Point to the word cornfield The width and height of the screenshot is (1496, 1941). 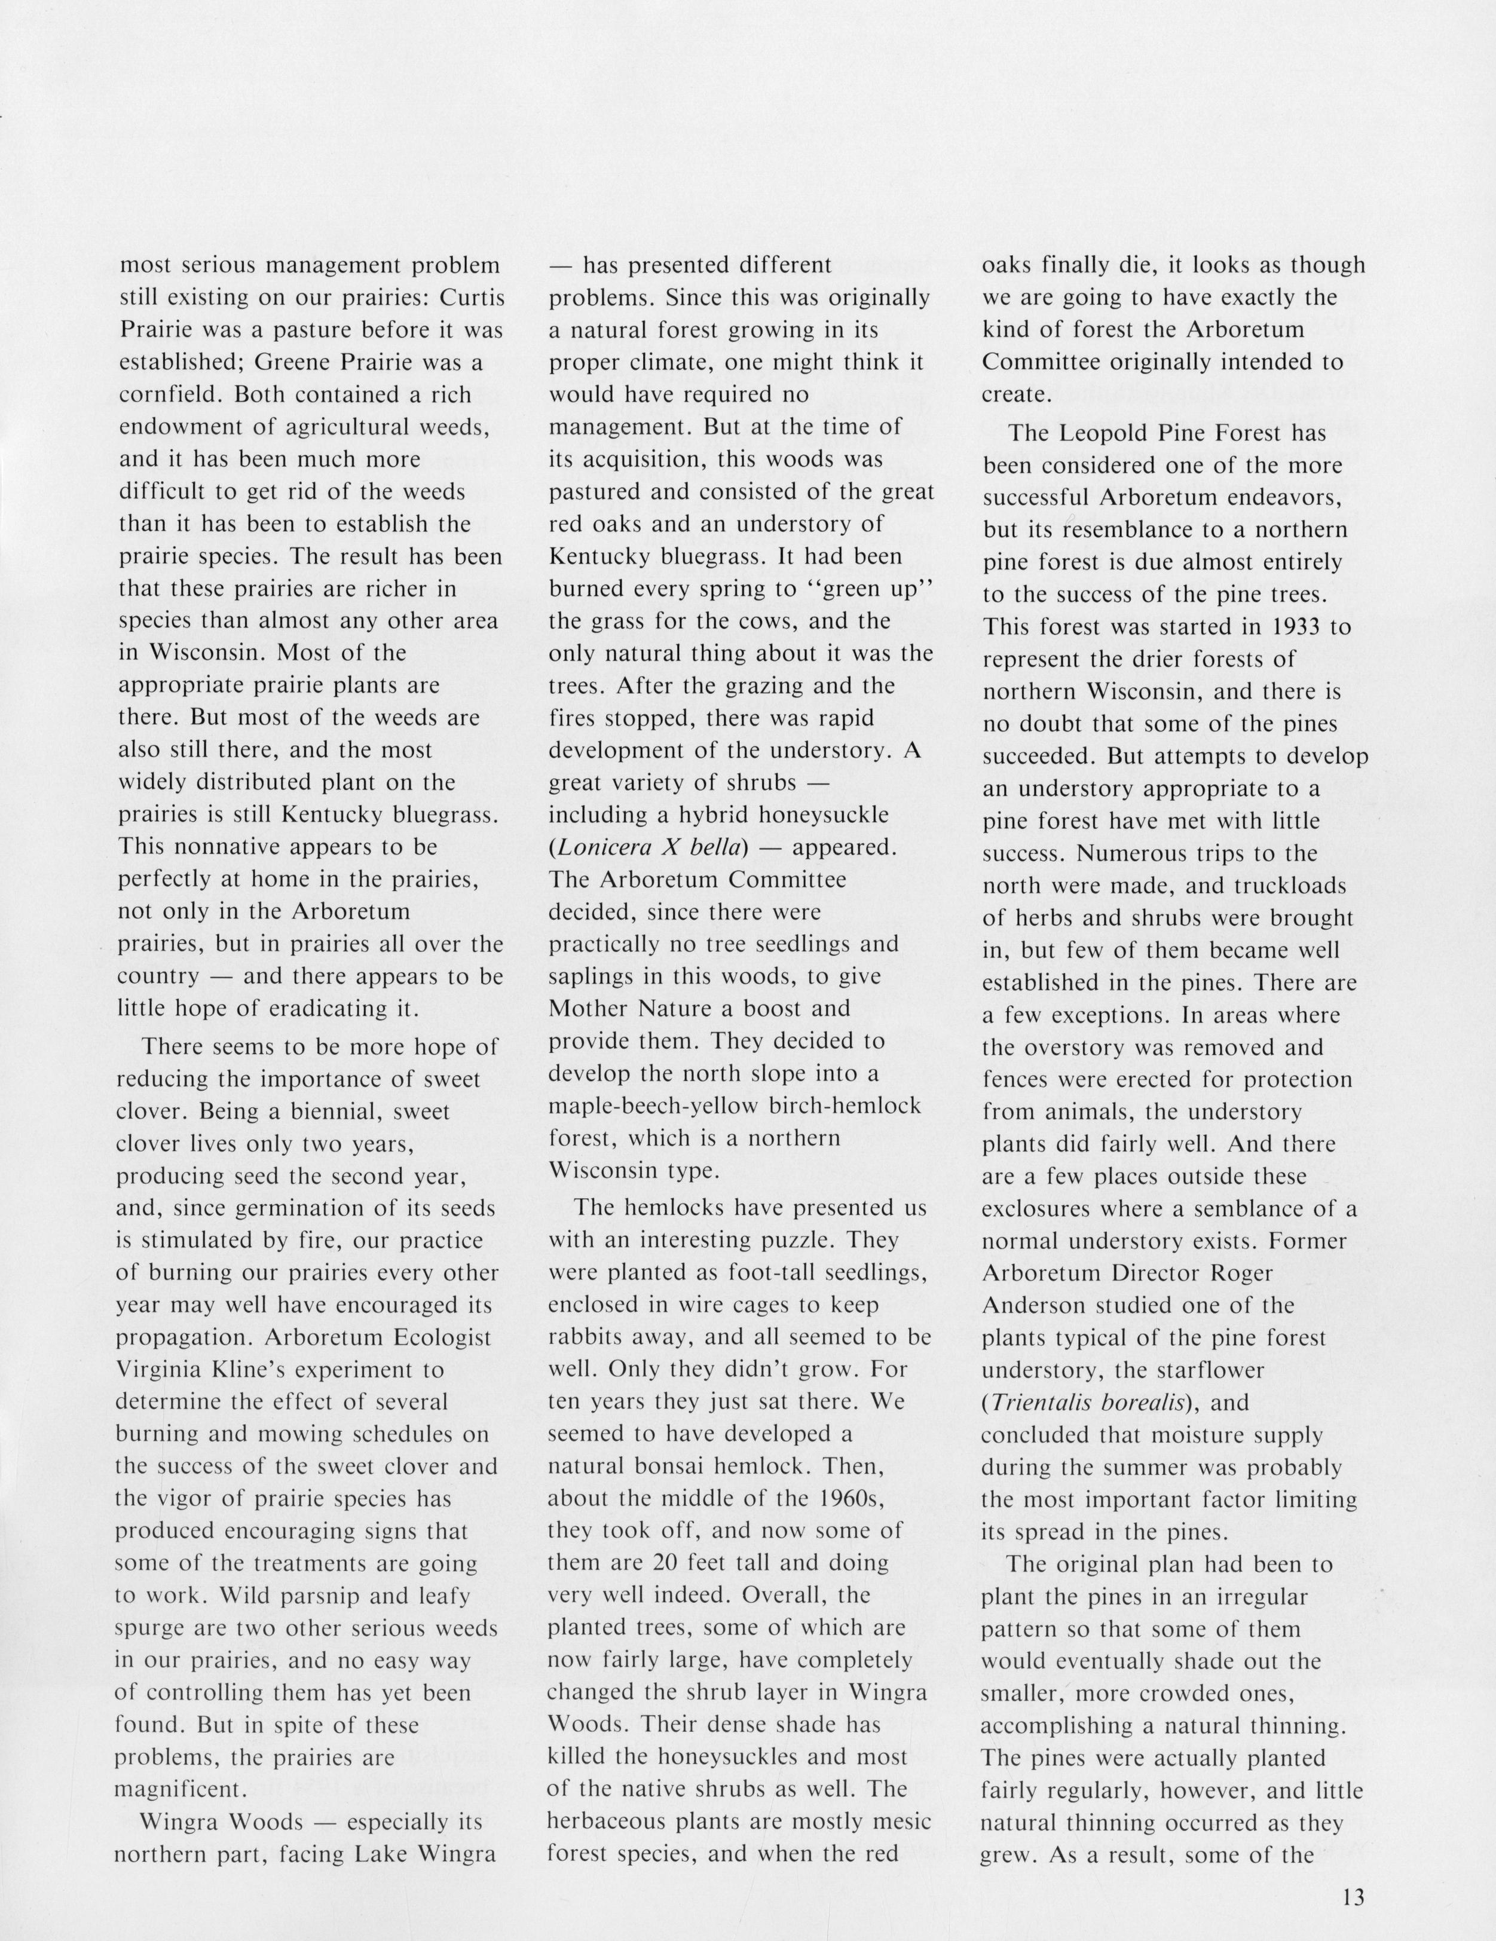[159, 394]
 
